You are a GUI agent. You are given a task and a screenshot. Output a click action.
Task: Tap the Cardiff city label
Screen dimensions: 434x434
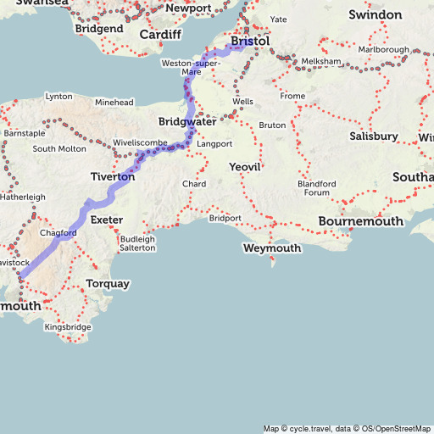pyautogui.click(x=160, y=35)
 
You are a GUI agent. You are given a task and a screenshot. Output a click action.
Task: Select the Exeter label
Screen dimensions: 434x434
pyautogui.click(x=107, y=220)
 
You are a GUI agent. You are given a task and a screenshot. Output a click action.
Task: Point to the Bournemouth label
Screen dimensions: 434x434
pyautogui.click(x=360, y=221)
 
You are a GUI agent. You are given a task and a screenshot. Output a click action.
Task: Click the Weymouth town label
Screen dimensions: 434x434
pyautogui.click(x=271, y=248)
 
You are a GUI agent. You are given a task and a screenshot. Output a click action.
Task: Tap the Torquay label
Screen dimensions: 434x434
pyautogui.click(x=108, y=283)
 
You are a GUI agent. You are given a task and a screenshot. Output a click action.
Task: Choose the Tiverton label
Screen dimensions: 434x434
pyautogui.click(x=112, y=177)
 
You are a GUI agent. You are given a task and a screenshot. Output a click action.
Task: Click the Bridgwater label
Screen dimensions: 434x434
pyautogui.click(x=187, y=122)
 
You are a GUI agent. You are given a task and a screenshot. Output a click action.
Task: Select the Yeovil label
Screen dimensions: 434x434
pyautogui.click(x=245, y=168)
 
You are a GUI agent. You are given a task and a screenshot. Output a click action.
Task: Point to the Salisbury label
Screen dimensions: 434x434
pyautogui.click(x=373, y=136)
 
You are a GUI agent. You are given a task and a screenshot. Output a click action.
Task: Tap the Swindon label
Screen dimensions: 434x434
pyautogui.click(x=375, y=15)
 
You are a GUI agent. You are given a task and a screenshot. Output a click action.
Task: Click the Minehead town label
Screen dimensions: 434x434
pyautogui.click(x=114, y=103)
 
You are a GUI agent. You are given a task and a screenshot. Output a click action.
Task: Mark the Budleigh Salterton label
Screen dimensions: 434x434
pyautogui.click(x=137, y=243)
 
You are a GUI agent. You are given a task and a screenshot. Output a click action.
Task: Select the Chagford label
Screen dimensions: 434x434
pyautogui.click(x=59, y=232)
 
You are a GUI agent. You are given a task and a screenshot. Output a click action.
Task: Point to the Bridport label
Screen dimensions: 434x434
pyautogui.click(x=225, y=218)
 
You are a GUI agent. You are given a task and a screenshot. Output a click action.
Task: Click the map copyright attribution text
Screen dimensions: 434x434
pyautogui.click(x=347, y=428)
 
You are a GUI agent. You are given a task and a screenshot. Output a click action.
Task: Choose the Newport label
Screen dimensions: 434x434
pyautogui.click(x=188, y=8)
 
